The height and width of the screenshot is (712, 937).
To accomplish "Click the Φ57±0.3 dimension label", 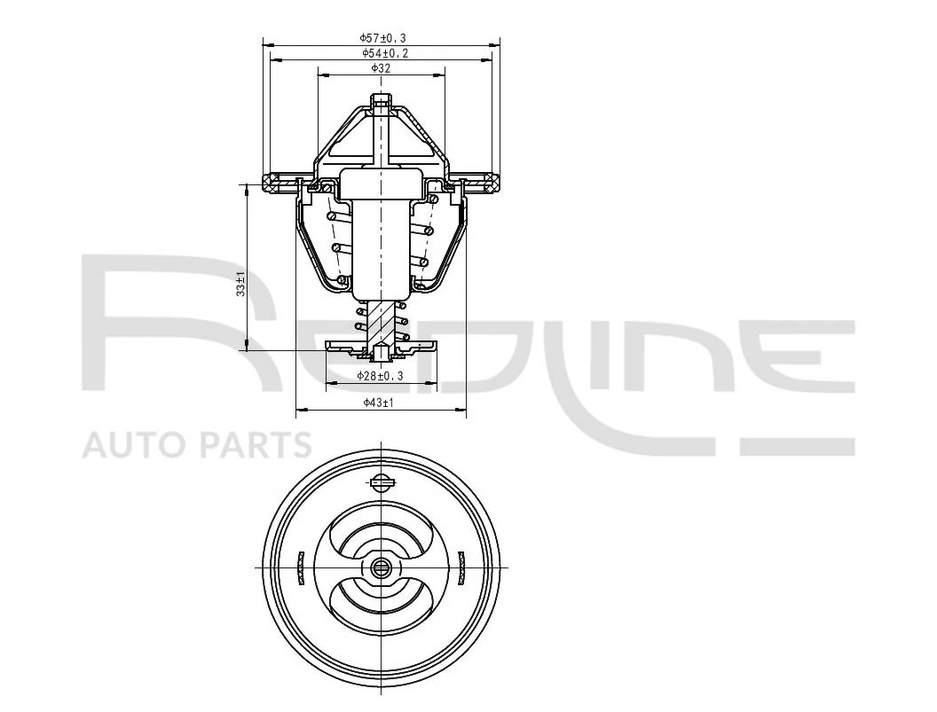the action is (382, 38).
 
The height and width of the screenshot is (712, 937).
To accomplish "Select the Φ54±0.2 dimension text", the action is (385, 53).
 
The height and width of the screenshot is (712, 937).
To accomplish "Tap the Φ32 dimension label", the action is (381, 68).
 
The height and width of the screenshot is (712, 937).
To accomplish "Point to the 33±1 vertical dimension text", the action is (240, 285).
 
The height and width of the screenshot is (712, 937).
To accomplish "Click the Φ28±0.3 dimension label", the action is (380, 376).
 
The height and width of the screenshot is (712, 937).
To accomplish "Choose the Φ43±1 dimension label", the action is (378, 403).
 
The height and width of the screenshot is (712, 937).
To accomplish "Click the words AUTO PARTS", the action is (197, 445).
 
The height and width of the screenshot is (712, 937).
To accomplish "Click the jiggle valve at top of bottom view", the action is (381, 482).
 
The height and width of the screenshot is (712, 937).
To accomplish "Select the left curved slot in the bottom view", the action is (301, 567).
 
